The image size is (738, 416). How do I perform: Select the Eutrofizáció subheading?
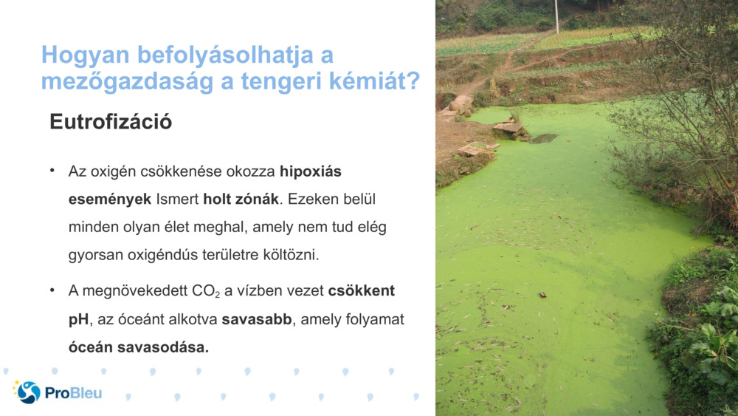point(111,122)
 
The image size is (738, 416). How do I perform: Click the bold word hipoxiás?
point(311,172)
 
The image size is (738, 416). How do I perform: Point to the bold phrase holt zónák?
point(238,200)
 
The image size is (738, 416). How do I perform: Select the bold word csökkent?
point(361,291)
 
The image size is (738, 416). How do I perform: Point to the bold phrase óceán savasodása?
point(139,347)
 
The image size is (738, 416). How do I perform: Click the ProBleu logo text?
point(73,392)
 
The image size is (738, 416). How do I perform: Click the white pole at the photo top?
point(556,16)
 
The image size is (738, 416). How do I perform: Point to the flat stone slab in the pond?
point(508,128)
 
